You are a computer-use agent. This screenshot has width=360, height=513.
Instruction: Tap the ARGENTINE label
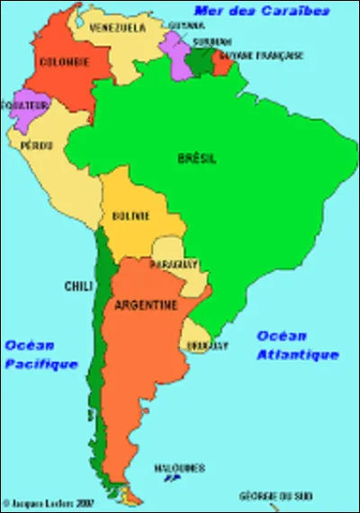145,306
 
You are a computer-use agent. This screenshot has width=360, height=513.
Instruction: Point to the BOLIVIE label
131,216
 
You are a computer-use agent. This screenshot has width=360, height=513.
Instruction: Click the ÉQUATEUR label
24,104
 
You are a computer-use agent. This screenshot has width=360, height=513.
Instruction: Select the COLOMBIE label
64,61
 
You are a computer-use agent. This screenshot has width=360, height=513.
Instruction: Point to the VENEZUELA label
118,28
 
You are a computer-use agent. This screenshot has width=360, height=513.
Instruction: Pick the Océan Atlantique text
297,346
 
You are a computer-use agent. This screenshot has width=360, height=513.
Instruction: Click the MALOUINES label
179,468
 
